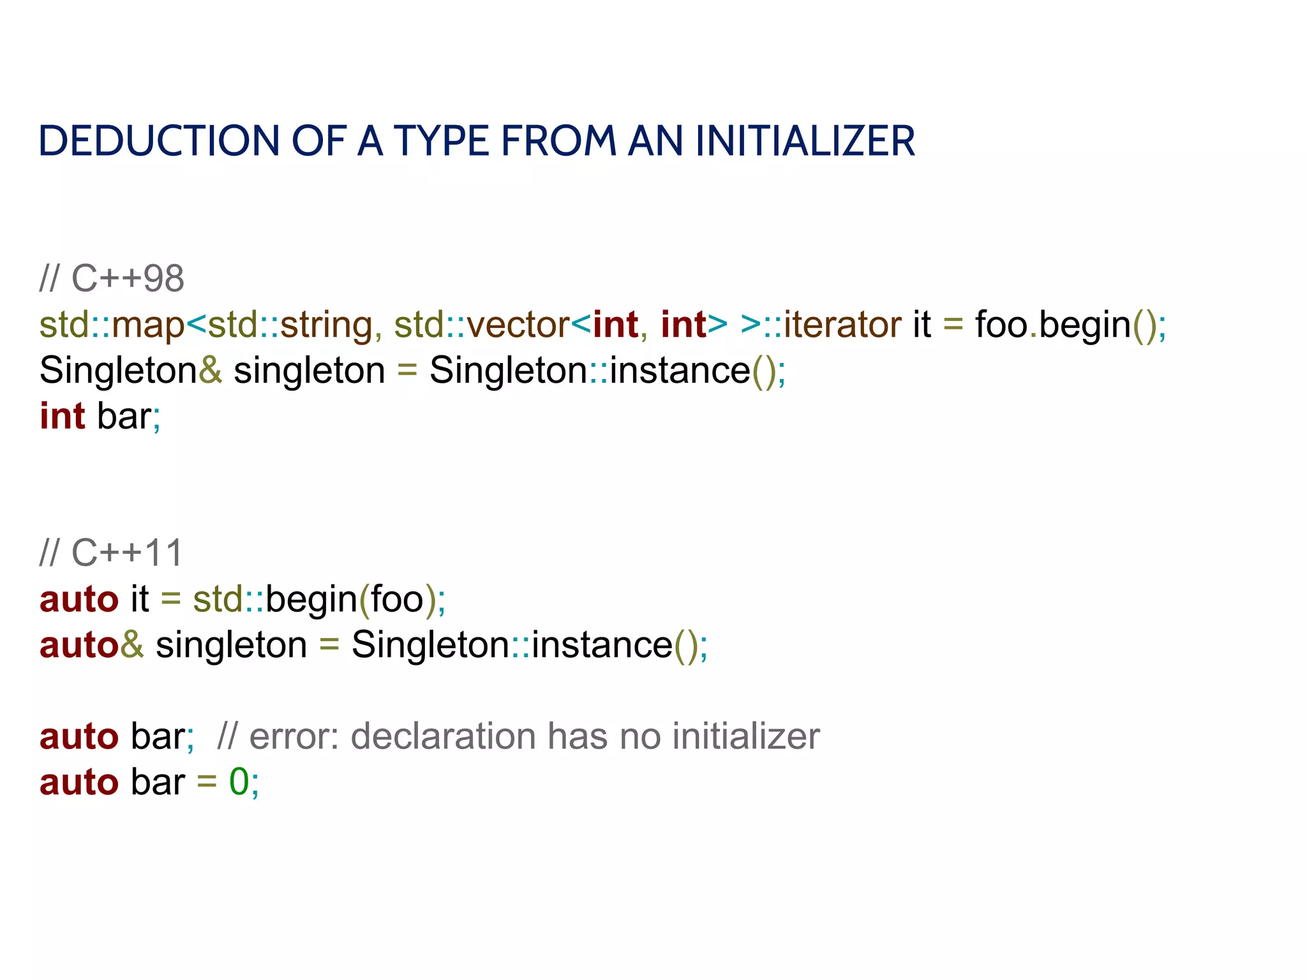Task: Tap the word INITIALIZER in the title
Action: (805, 141)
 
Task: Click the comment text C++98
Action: (128, 279)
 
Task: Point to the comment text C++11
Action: (127, 553)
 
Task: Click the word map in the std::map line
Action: (148, 325)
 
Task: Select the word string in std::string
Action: (326, 325)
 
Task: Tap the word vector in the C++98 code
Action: (518, 325)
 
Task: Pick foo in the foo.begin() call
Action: (1001, 325)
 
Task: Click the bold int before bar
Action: (63, 417)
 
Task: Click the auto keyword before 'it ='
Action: (79, 599)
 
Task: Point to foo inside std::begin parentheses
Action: (398, 599)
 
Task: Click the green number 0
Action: (239, 782)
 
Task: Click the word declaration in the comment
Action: (443, 736)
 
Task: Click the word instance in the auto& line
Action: (602, 645)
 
